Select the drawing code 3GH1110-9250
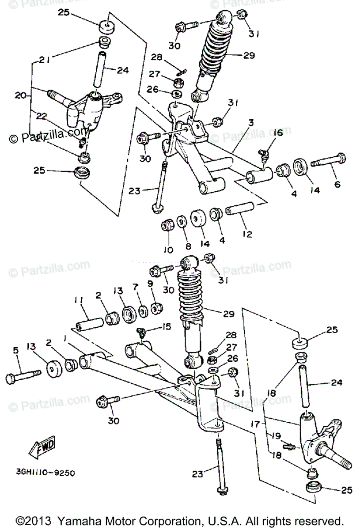pyautogui.click(x=45, y=472)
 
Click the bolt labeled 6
pyautogui.click(x=329, y=160)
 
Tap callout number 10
pyautogui.click(x=168, y=250)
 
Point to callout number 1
pyautogui.click(x=65, y=338)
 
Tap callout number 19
pyautogui.click(x=276, y=435)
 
